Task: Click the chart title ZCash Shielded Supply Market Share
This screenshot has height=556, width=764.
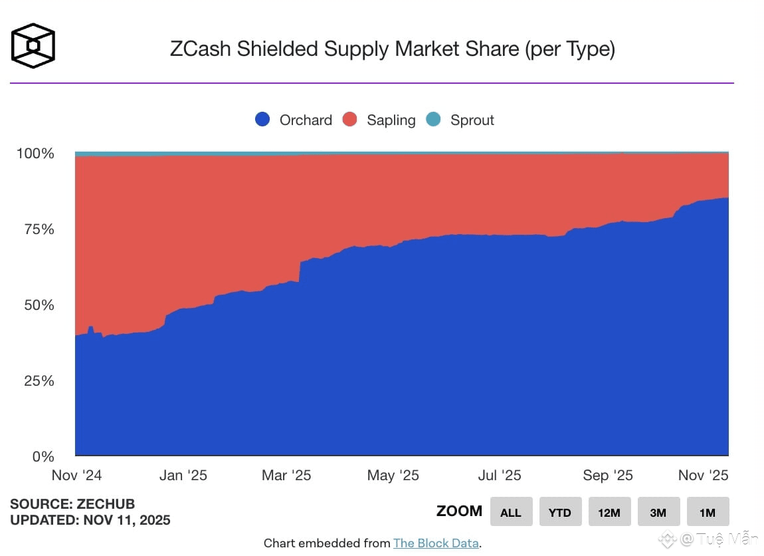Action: (x=392, y=49)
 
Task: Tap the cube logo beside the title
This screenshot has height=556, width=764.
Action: (x=33, y=46)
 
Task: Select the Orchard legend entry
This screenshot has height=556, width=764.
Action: (x=294, y=120)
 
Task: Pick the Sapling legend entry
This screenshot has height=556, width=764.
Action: (x=379, y=120)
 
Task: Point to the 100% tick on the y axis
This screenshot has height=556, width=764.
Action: (x=35, y=154)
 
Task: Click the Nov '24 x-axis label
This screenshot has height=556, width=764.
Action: (x=77, y=476)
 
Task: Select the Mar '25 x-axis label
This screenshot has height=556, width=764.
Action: (x=286, y=476)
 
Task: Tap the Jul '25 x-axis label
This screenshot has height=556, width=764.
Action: (x=499, y=476)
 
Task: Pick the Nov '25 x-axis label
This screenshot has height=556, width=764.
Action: (x=703, y=476)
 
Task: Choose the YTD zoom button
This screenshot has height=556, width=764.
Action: (x=560, y=512)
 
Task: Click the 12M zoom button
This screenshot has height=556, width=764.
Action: (x=609, y=512)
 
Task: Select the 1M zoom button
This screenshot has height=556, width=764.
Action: (x=708, y=512)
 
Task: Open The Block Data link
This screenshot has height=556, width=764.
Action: (x=436, y=543)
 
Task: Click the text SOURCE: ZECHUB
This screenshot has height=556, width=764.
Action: (x=72, y=504)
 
